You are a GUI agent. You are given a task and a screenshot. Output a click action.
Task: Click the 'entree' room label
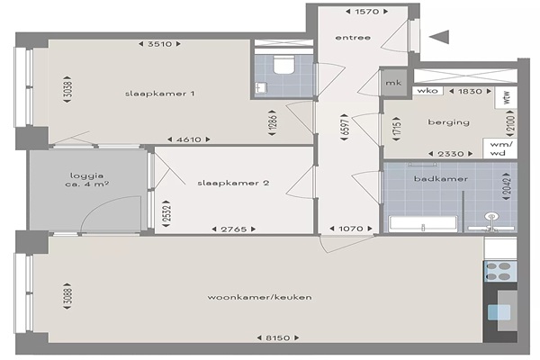[x=353, y=38]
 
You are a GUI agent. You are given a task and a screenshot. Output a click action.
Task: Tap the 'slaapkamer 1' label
[x=160, y=94]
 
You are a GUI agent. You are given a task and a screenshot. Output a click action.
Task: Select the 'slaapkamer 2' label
[x=233, y=183]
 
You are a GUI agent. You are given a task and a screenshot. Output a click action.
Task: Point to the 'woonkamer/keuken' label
[x=260, y=297]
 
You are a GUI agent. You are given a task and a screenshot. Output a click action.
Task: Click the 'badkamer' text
[x=441, y=179]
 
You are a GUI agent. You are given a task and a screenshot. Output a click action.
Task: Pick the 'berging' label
[x=448, y=122]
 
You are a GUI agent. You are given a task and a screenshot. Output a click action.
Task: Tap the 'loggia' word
[x=86, y=175]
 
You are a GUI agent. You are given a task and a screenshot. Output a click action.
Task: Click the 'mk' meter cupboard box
[x=393, y=83]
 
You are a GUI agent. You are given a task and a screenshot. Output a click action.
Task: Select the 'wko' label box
[x=427, y=91]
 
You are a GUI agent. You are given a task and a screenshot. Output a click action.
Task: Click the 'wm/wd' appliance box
[x=500, y=148]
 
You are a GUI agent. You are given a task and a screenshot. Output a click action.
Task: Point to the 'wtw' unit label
[x=506, y=97]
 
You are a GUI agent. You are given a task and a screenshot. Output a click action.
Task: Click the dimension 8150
[x=277, y=338]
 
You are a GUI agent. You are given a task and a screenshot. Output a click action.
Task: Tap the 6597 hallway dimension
[x=346, y=127]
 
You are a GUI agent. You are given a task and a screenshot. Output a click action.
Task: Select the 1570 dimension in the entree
[x=367, y=12]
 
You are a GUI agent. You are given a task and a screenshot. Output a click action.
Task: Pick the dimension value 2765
[x=234, y=229]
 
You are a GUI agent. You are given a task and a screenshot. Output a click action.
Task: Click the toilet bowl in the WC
[x=283, y=65]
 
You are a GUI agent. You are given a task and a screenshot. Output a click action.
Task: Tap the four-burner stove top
[x=500, y=272]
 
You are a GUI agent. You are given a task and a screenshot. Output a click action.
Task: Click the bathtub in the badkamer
[x=423, y=223]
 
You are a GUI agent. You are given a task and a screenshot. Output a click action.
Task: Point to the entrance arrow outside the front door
[x=440, y=37]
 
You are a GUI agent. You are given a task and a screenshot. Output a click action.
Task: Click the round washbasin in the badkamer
[x=491, y=217]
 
